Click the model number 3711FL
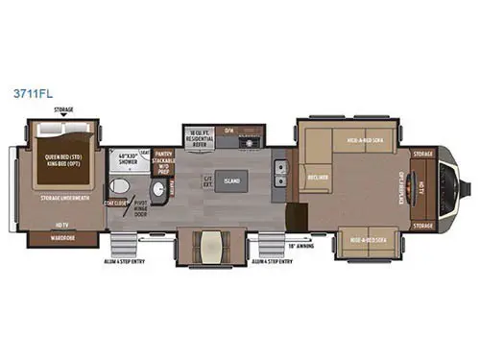30,97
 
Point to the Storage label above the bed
63,110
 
